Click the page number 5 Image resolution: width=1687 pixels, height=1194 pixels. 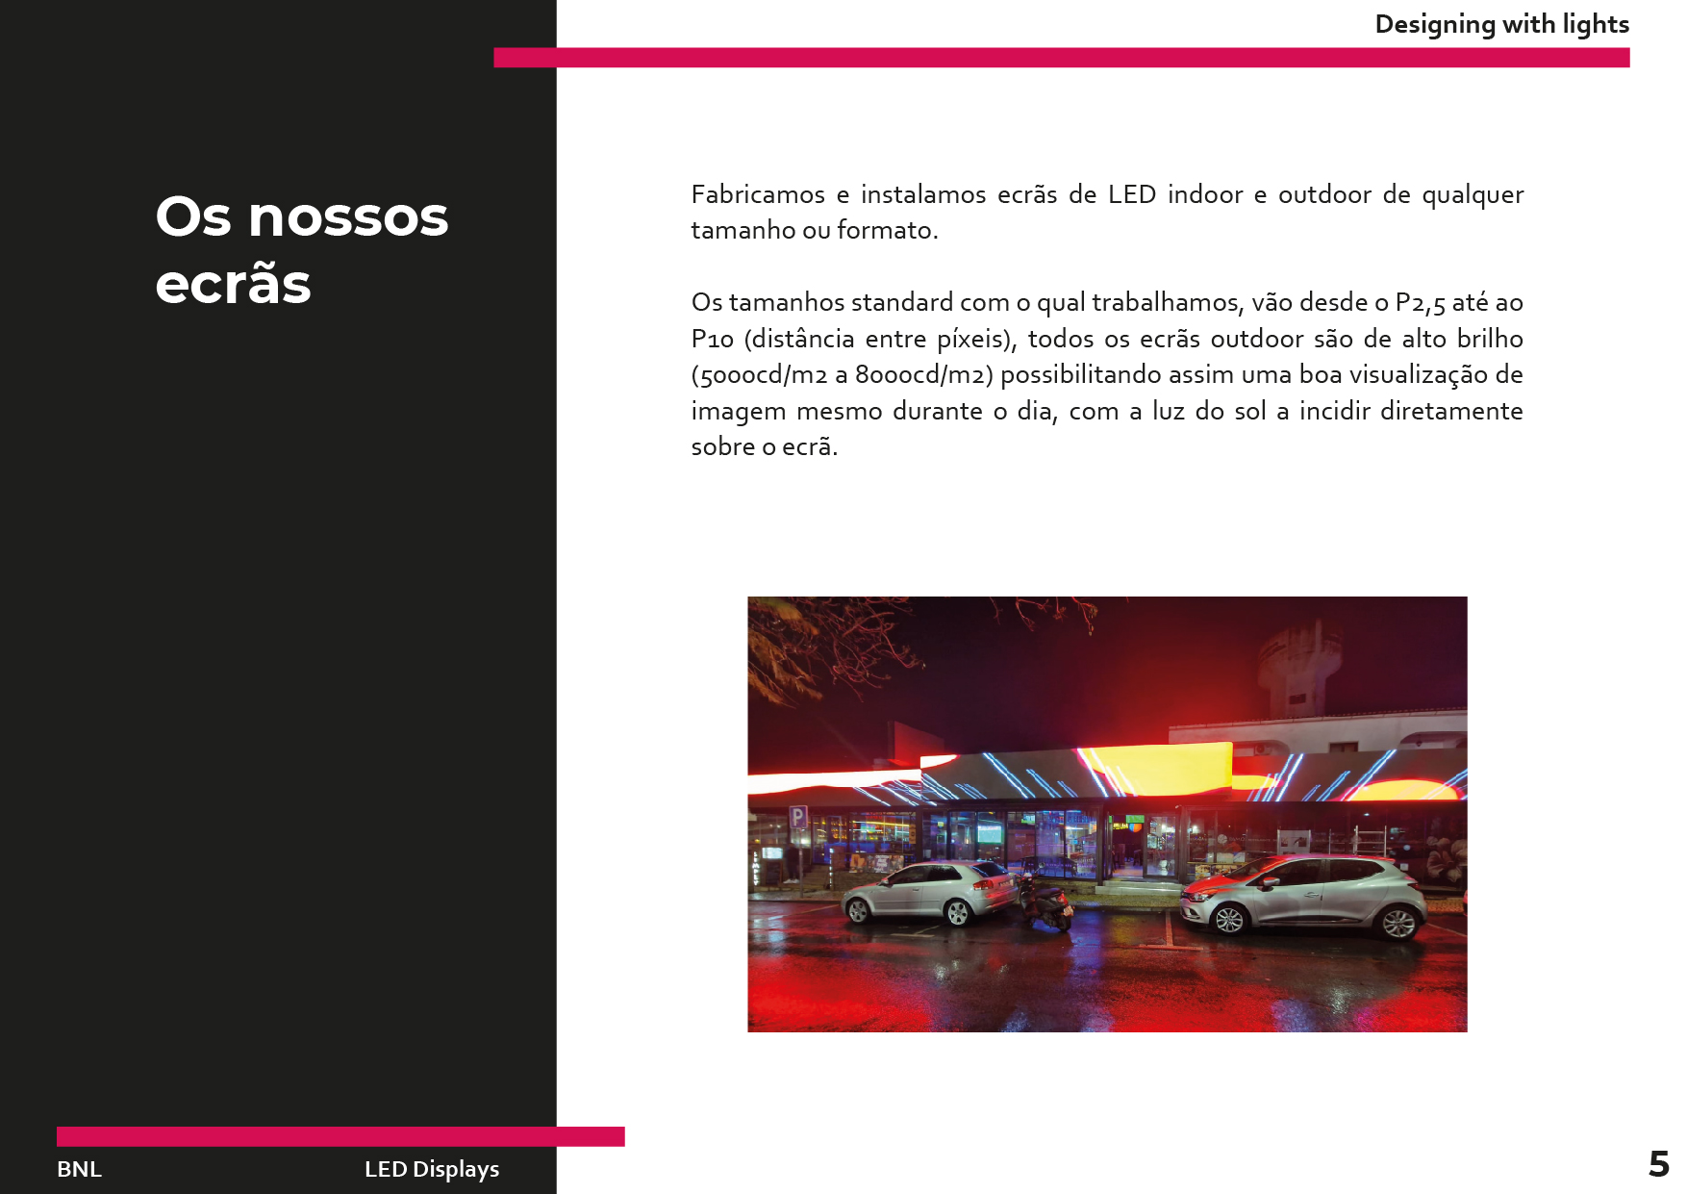[1658, 1164]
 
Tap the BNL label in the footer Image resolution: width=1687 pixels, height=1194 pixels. [79, 1169]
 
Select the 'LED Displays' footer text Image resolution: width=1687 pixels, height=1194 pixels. [432, 1169]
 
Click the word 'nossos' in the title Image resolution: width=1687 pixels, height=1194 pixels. [348, 216]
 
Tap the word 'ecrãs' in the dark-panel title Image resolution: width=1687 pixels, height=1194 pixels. [233, 284]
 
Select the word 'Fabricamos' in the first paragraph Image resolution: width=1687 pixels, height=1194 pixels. [758, 194]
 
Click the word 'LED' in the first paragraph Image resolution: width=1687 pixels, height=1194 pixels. [1131, 194]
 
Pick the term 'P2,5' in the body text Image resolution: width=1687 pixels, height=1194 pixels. [1420, 303]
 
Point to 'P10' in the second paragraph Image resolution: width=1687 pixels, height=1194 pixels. [712, 340]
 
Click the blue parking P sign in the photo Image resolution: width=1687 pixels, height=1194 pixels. [797, 818]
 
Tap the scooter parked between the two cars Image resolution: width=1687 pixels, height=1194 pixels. [1045, 904]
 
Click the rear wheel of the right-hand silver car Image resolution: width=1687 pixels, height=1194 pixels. [1397, 924]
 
